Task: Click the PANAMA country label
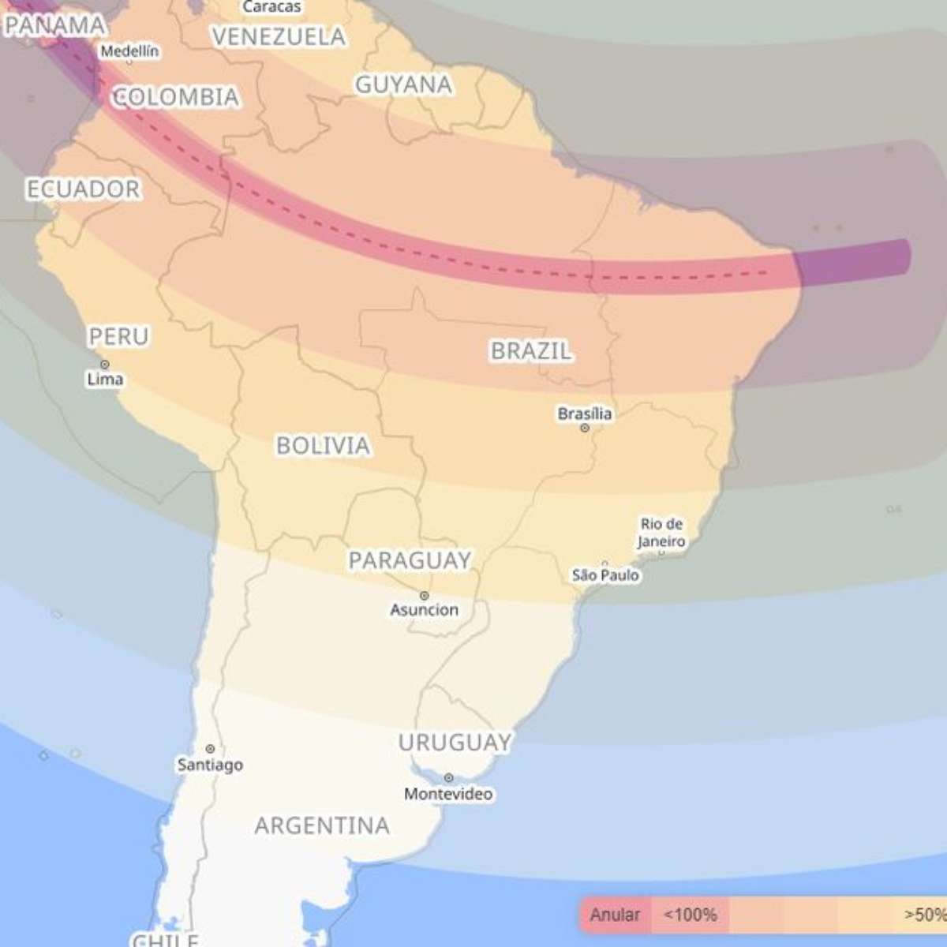tap(55, 25)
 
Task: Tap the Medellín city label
tap(129, 51)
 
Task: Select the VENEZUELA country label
tap(279, 37)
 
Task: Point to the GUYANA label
tap(403, 84)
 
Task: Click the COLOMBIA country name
tap(175, 97)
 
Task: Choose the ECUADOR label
tap(83, 189)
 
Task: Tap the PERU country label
tap(118, 337)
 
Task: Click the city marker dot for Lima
tap(105, 365)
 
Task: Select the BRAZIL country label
tap(530, 351)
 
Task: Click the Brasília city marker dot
tap(585, 428)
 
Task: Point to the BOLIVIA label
tap(323, 446)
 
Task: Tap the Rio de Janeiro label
tap(661, 533)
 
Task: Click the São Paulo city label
tap(605, 575)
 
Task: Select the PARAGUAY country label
tap(410, 560)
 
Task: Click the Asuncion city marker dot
tap(425, 596)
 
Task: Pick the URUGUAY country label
tap(455, 743)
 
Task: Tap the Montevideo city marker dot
tap(448, 778)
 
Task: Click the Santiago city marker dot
tap(210, 749)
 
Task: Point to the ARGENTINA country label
tap(322, 826)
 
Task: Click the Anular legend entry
tap(615, 915)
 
